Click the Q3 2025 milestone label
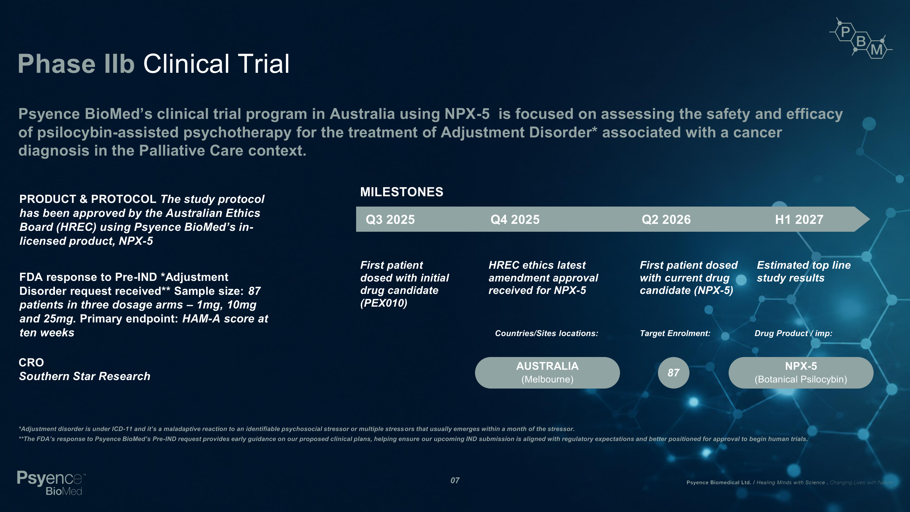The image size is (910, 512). (390, 219)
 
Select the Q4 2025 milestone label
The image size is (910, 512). (515, 219)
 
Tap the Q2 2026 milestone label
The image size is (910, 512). (666, 219)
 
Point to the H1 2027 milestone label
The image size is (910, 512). (799, 219)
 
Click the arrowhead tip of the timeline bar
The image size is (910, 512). (870, 219)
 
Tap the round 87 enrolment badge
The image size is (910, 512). (674, 372)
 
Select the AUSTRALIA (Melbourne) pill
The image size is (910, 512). (547, 372)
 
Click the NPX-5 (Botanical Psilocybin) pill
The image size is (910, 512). (801, 372)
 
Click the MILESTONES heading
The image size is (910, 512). (402, 192)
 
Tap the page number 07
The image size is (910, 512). (455, 480)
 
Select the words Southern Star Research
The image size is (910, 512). (85, 376)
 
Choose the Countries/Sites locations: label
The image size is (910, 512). (547, 333)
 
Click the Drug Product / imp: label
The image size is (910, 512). (794, 333)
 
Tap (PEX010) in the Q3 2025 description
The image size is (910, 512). (384, 303)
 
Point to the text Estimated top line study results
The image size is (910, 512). (804, 271)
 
